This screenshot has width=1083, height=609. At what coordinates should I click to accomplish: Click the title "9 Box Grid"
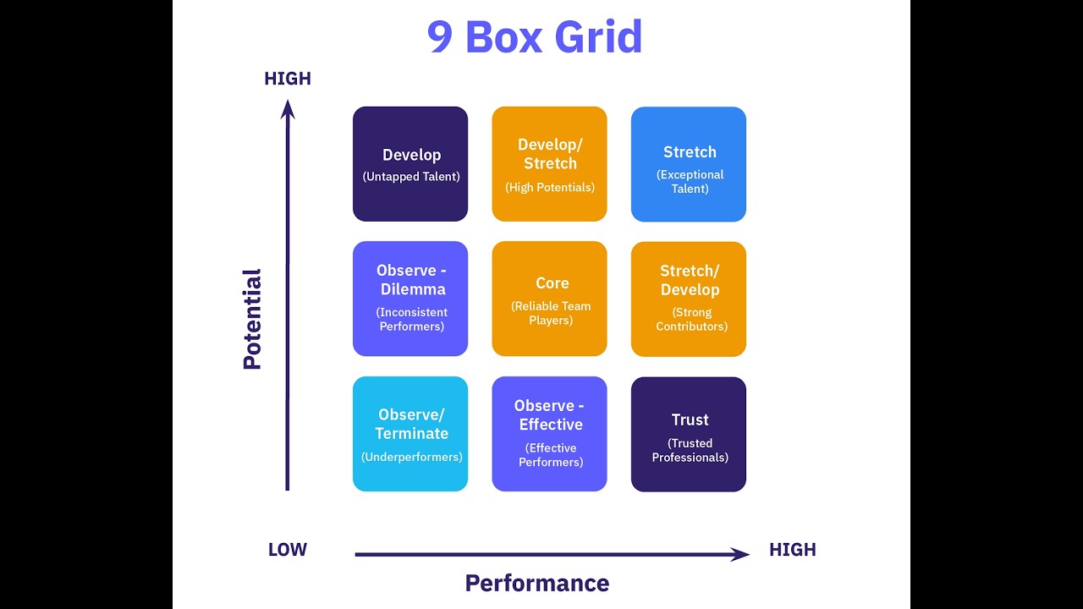click(x=535, y=37)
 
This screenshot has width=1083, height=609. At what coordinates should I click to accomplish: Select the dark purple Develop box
click(x=410, y=164)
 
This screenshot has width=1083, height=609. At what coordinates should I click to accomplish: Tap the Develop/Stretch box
click(x=550, y=164)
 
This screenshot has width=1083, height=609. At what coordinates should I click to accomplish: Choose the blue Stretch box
click(x=689, y=164)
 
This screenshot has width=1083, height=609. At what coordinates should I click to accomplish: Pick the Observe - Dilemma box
click(x=410, y=299)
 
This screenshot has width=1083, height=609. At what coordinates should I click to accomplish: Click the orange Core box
click(x=550, y=299)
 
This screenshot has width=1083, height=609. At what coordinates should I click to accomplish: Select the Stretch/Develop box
click(x=689, y=299)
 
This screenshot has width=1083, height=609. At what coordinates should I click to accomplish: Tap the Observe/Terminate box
click(x=410, y=434)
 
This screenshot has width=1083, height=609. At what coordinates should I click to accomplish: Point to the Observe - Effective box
click(x=550, y=434)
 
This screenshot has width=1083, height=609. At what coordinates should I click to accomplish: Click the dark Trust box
click(x=689, y=434)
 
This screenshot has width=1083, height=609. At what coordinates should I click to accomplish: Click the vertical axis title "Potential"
click(x=252, y=319)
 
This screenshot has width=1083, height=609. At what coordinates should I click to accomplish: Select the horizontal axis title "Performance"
click(x=537, y=583)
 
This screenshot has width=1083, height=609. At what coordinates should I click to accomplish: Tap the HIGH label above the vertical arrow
click(x=288, y=79)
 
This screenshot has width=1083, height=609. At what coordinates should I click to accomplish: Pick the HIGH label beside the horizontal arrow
click(x=793, y=550)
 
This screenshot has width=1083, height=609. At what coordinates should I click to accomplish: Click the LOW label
click(x=288, y=550)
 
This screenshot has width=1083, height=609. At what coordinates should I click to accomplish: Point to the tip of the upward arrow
click(x=288, y=102)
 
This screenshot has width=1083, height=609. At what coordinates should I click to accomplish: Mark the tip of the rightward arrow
click(x=747, y=555)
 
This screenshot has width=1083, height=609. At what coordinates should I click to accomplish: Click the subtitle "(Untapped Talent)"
click(x=411, y=177)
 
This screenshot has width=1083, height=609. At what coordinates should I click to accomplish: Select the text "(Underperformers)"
click(x=412, y=457)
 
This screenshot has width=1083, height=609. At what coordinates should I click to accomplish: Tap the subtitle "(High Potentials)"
click(x=550, y=187)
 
